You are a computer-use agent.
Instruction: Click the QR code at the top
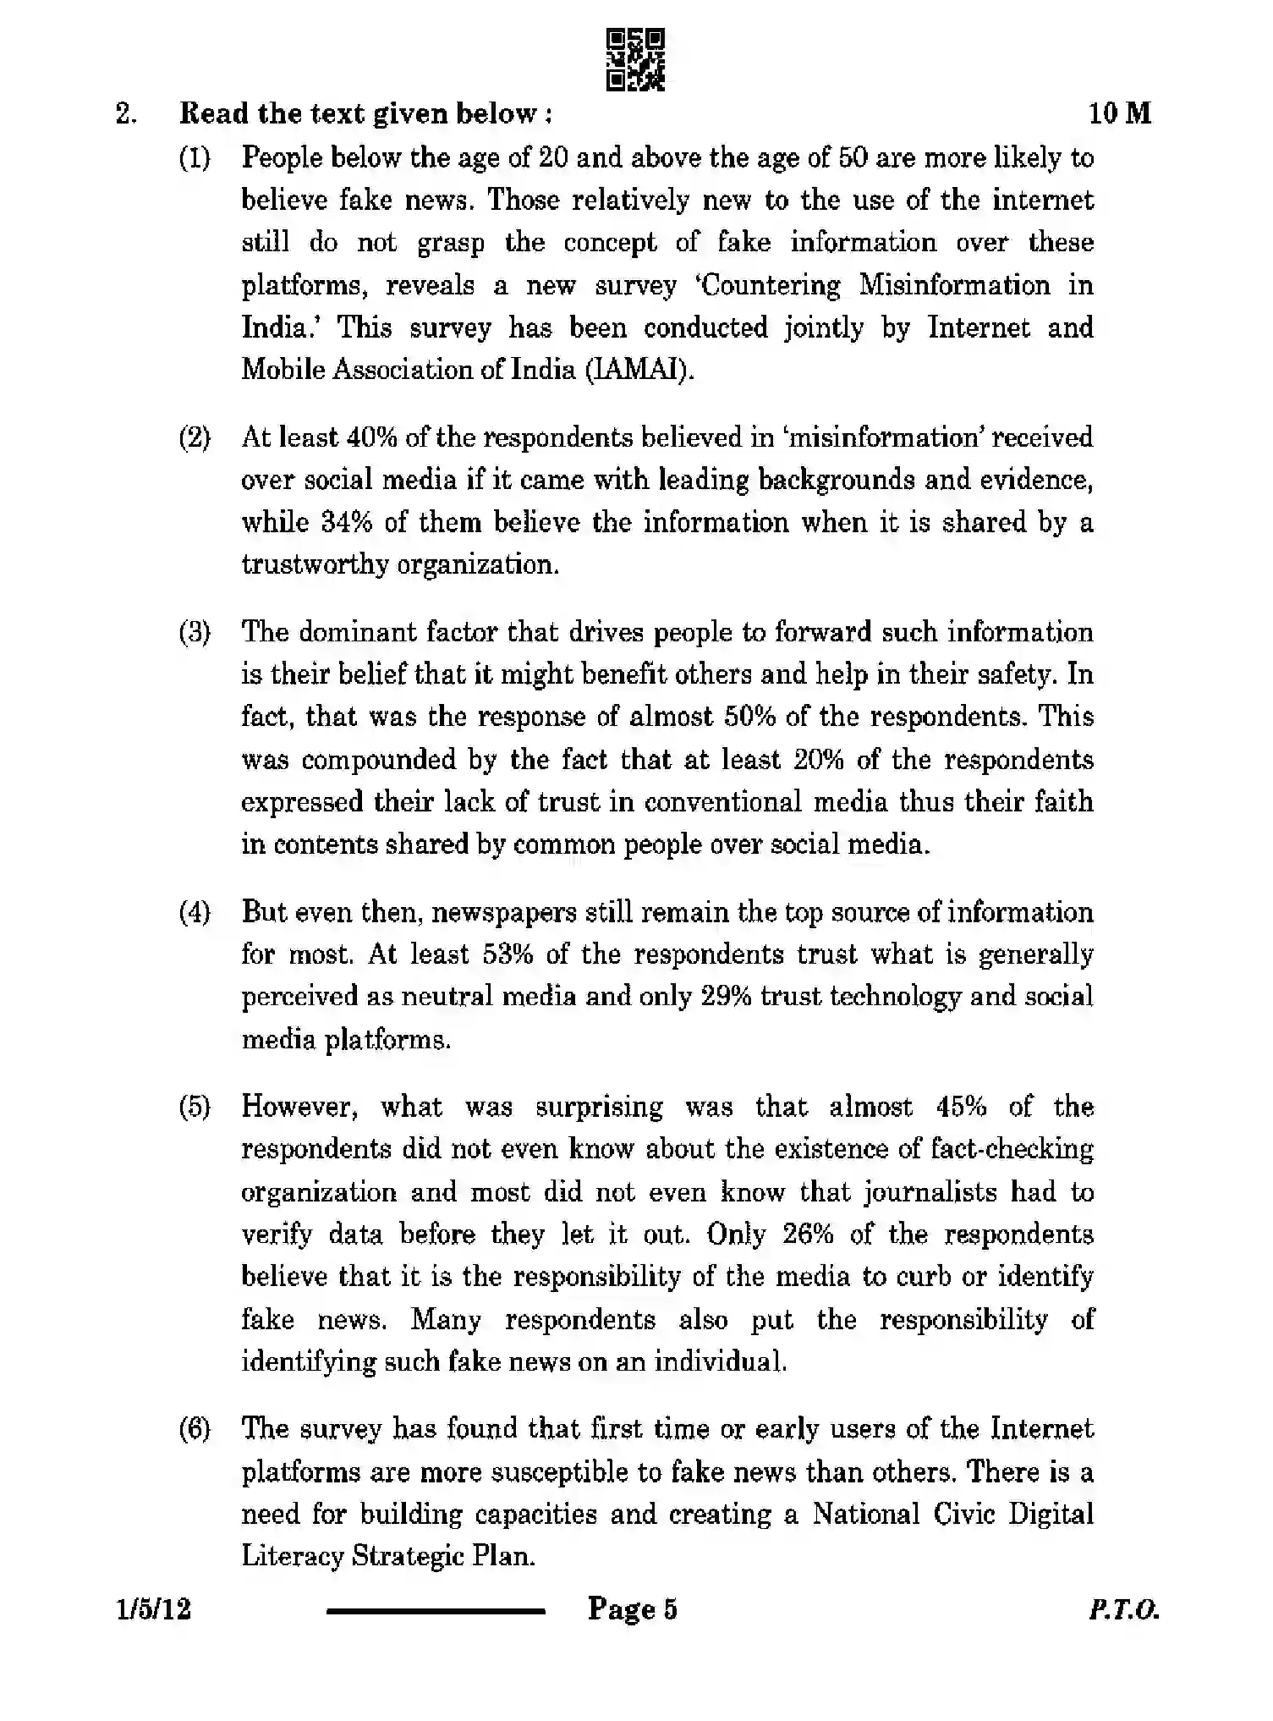tap(636, 59)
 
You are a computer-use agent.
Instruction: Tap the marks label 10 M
tap(1119, 113)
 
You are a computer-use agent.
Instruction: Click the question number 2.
tap(125, 113)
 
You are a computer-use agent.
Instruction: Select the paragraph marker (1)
tap(195, 157)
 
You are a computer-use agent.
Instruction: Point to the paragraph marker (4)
tap(195, 912)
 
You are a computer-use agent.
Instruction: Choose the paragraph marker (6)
tap(195, 1429)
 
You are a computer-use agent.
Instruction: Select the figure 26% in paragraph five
tap(808, 1234)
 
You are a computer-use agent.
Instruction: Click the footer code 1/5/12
tap(155, 1608)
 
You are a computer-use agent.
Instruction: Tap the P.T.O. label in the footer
tap(1123, 1609)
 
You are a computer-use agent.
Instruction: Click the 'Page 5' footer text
tap(632, 1608)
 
